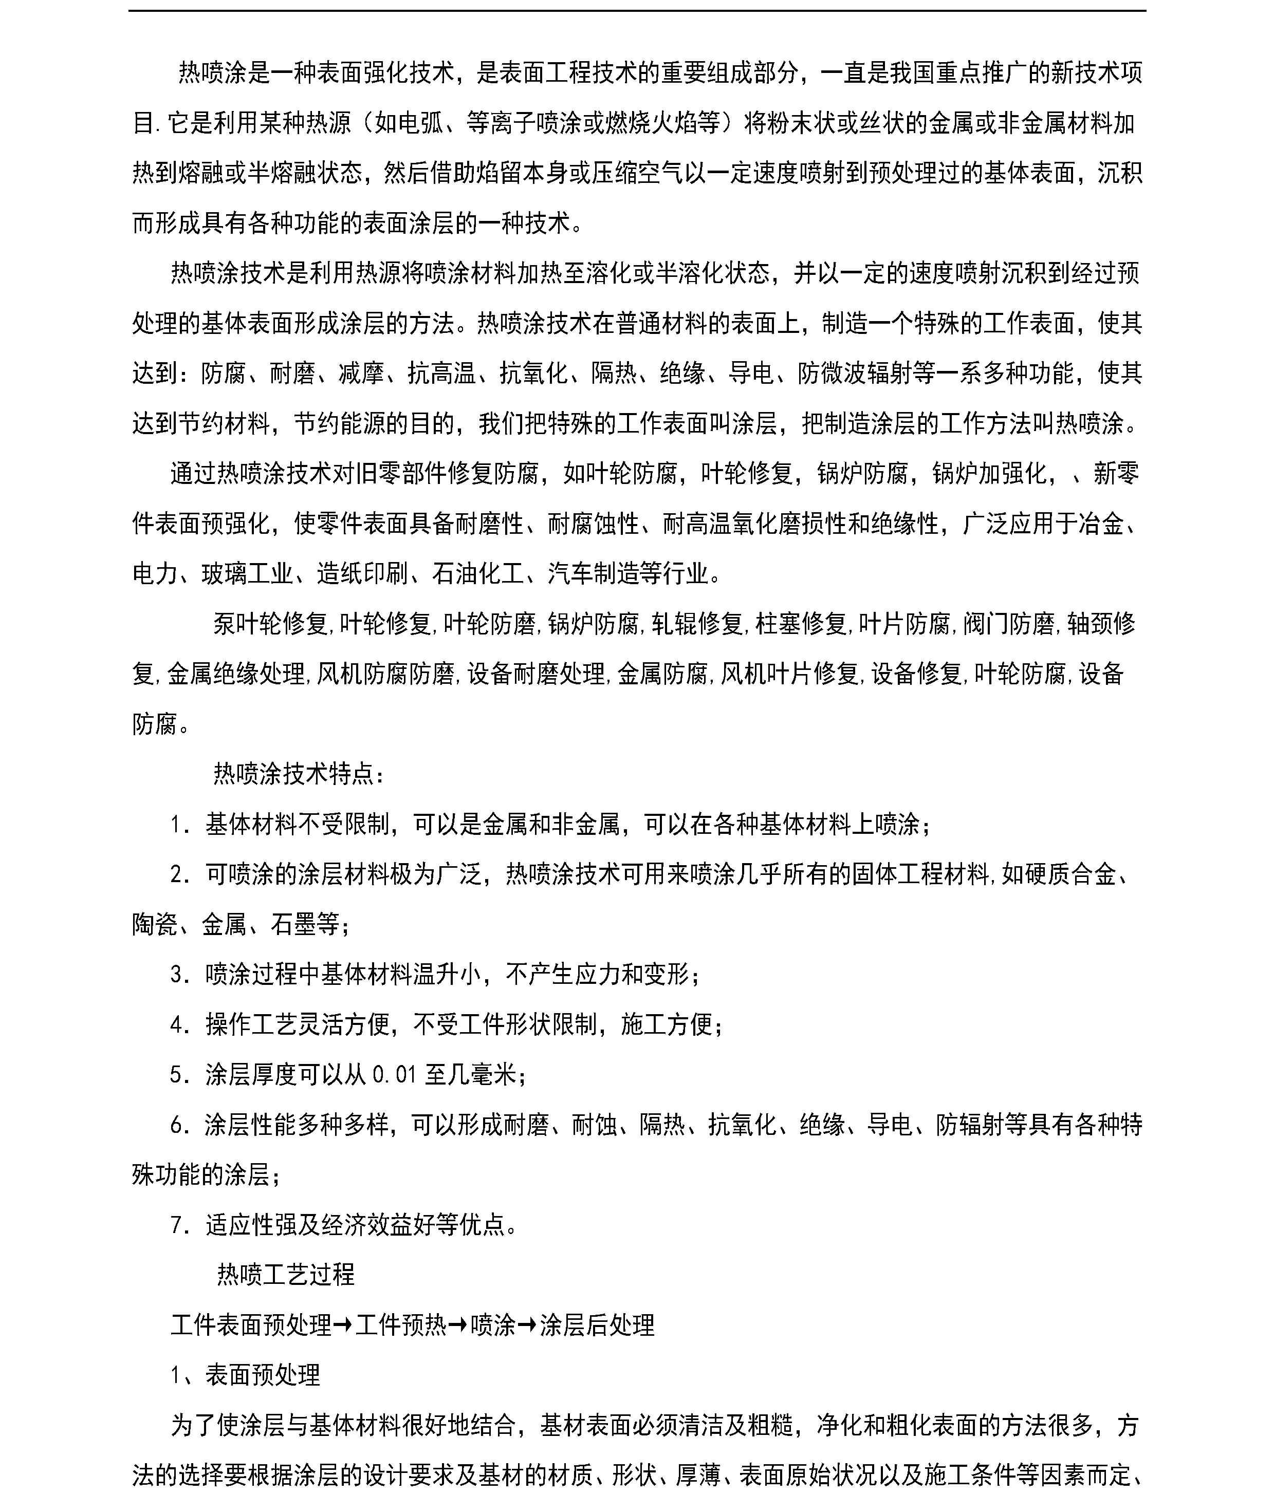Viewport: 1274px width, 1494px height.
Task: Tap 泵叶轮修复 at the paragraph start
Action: (270, 624)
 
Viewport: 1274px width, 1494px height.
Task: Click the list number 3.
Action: (177, 974)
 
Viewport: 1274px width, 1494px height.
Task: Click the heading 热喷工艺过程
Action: (286, 1275)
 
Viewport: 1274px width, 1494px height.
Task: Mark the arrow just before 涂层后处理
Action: (527, 1324)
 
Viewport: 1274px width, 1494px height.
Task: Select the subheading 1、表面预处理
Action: (245, 1374)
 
